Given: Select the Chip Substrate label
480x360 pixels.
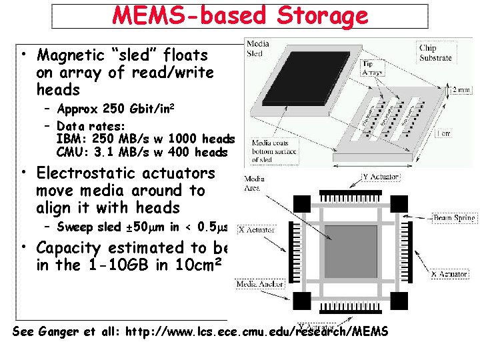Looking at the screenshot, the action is coord(435,53).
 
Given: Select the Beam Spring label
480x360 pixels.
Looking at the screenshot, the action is coord(454,218).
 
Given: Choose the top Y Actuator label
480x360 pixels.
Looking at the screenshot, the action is coord(381,177).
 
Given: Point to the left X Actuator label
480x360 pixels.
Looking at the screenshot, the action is coord(256,229).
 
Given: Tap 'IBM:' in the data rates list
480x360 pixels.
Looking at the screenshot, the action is coord(69,139).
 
